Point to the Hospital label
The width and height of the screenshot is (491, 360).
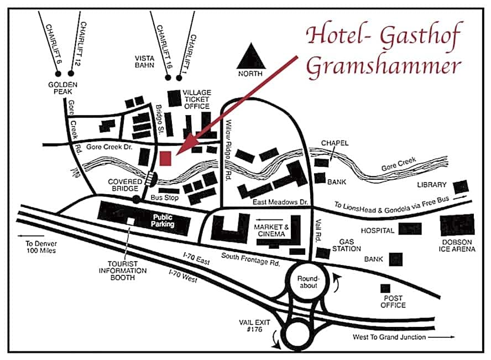[x=378, y=230]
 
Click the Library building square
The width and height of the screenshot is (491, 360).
[x=462, y=187]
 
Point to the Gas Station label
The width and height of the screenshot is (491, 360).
[x=347, y=245]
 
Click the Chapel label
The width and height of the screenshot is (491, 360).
[x=335, y=143]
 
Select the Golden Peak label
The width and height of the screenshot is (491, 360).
[x=62, y=88]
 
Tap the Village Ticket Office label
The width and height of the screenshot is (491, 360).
[x=196, y=100]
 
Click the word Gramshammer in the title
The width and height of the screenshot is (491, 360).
[x=383, y=65]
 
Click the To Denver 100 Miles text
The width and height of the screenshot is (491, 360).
[x=41, y=247]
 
